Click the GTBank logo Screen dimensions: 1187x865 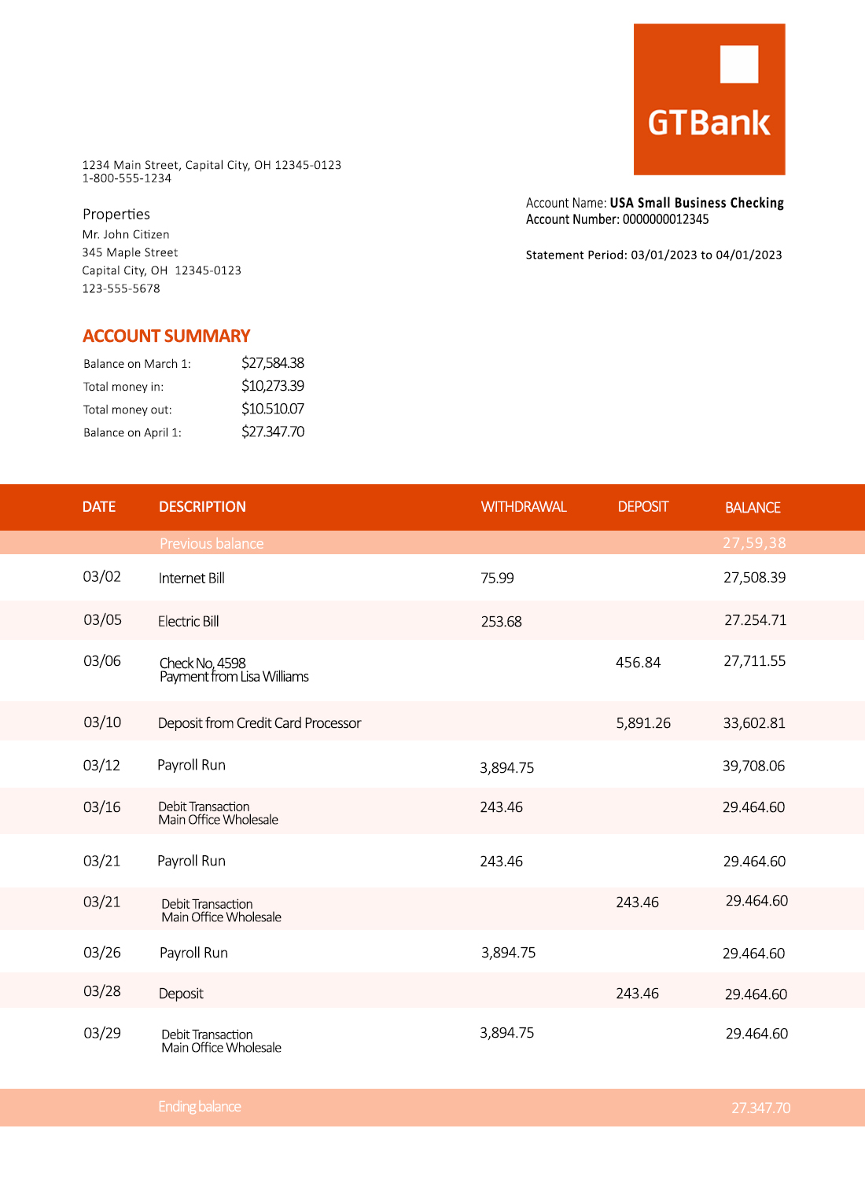(x=709, y=100)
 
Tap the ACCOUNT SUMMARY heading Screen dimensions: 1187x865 (x=167, y=336)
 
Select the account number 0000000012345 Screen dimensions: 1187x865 (x=665, y=219)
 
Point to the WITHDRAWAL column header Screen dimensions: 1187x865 (x=524, y=507)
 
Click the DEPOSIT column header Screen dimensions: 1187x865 (x=643, y=507)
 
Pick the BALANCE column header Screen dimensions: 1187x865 (x=753, y=508)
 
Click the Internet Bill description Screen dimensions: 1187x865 (x=192, y=579)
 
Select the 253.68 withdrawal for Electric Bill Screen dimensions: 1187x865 (x=502, y=622)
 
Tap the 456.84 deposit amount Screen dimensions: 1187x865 (x=639, y=663)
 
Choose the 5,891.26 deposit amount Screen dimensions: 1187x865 (x=643, y=723)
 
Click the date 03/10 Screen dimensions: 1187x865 (x=102, y=722)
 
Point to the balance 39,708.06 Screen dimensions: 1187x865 (x=753, y=766)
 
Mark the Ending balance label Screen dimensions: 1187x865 (x=200, y=1107)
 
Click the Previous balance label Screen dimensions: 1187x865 (x=212, y=544)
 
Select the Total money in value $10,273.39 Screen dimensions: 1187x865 (x=273, y=386)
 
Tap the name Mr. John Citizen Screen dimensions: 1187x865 (x=126, y=235)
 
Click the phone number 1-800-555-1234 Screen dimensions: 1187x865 (x=127, y=178)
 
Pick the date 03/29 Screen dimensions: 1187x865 (x=102, y=1033)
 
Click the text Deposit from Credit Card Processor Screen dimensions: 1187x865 (x=259, y=723)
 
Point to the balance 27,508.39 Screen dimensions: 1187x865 (x=754, y=578)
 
